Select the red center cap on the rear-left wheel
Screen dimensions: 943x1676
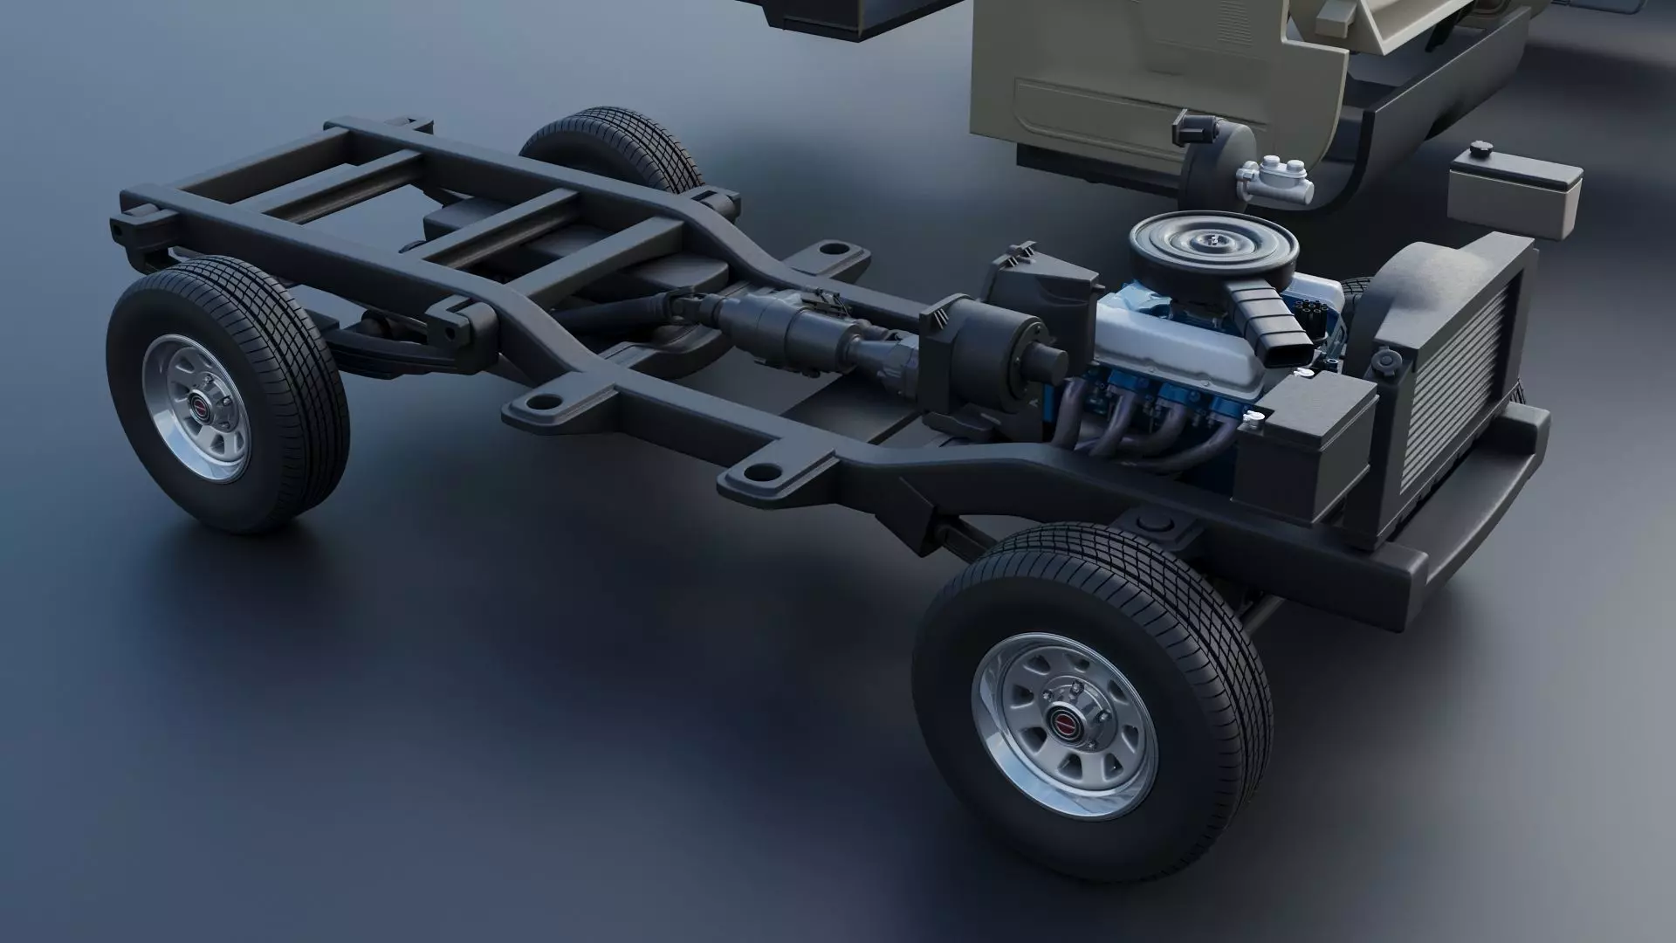click(200, 407)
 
